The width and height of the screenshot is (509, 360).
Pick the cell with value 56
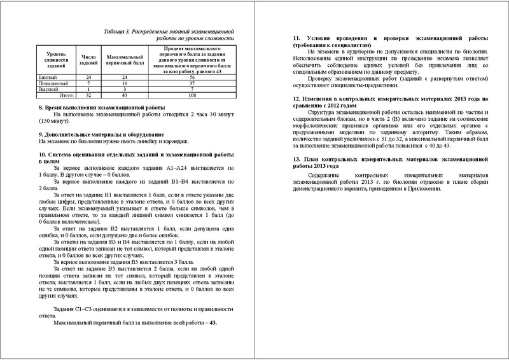click(191, 76)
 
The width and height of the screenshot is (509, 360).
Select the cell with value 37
click(191, 83)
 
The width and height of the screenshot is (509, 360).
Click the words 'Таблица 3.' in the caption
click(118, 31)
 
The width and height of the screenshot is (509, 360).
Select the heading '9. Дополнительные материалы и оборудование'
click(102, 134)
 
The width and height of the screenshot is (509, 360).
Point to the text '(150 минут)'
click(54, 121)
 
